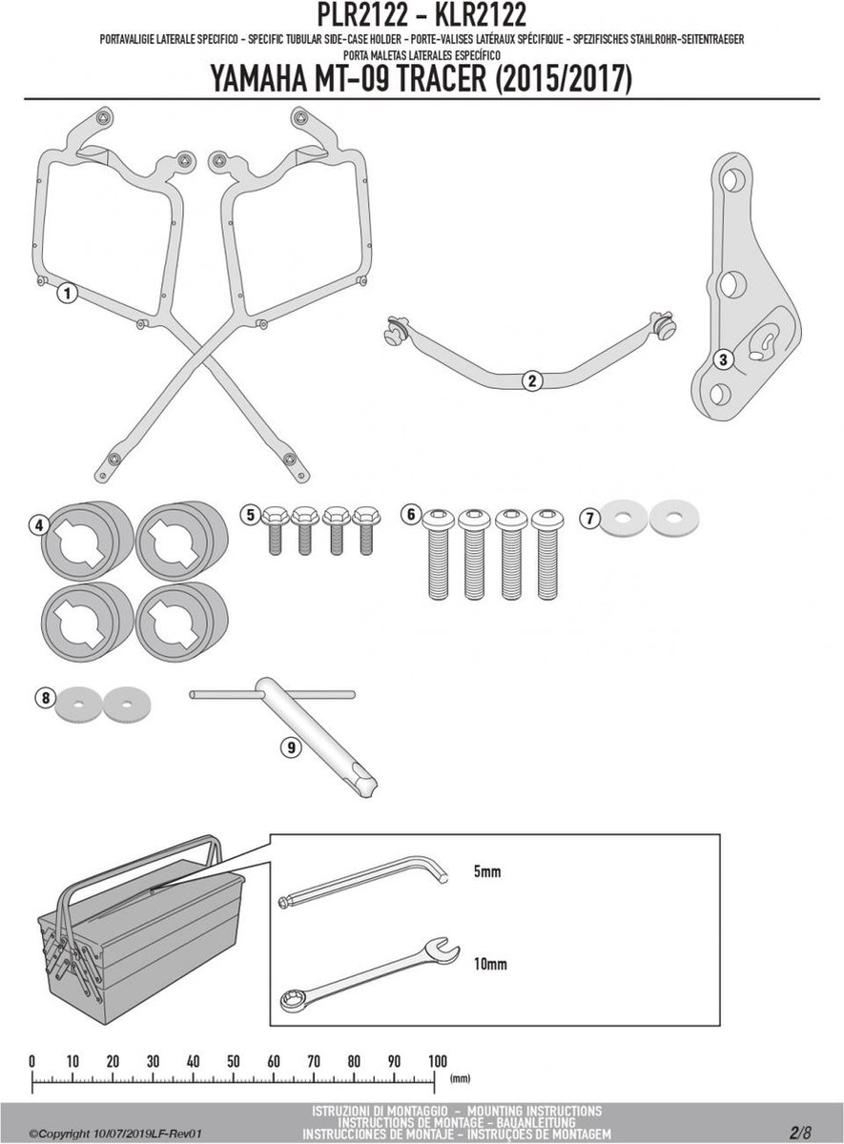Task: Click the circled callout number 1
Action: pyautogui.click(x=65, y=294)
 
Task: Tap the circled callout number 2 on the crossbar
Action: pyautogui.click(x=532, y=381)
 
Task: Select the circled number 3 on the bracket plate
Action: pyautogui.click(x=724, y=359)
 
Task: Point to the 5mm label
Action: pyautogui.click(x=486, y=872)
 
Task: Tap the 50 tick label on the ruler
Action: pyautogui.click(x=233, y=1061)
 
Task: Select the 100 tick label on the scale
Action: pyautogui.click(x=436, y=1061)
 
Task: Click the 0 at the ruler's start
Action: pyautogui.click(x=32, y=1061)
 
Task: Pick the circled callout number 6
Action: pyautogui.click(x=411, y=515)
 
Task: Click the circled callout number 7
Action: pyautogui.click(x=590, y=518)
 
